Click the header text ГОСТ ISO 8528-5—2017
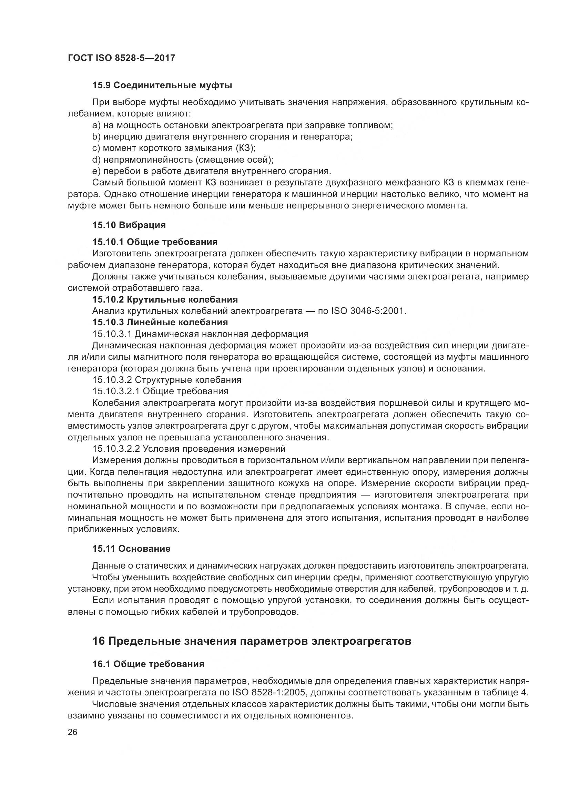pos(121,58)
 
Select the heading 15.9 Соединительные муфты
pos(162,85)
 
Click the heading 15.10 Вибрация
pos(129,225)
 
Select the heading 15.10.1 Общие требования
pos(155,242)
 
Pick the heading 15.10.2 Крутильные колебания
pos(165,299)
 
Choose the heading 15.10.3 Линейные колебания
pos(160,322)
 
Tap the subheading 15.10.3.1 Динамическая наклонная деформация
pos(201,334)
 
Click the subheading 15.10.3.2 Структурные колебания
pos(167,380)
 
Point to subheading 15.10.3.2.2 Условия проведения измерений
pos(189,449)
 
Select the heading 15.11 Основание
pos(131,549)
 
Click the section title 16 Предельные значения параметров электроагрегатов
pos(252,641)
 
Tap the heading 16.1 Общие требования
pos(148,664)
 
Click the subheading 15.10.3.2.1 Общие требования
pos(160,391)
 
